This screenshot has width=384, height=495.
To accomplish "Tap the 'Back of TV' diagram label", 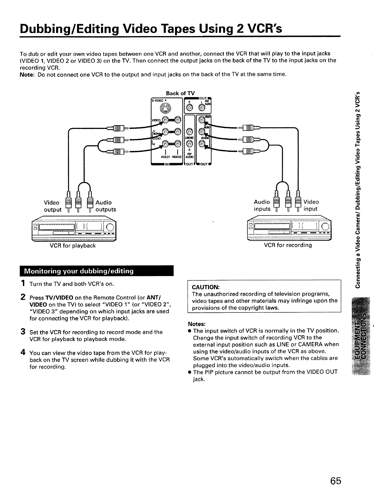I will click(180, 93).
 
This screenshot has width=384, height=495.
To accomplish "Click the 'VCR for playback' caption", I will click(72, 245).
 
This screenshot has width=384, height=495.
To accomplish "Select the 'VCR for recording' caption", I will click(288, 245).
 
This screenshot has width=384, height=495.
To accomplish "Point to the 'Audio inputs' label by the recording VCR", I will click(262, 205).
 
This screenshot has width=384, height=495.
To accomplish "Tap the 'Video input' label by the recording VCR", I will click(311, 205).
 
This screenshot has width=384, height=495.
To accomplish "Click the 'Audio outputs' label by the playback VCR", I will click(105, 206).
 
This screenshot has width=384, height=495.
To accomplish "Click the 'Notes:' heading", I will click(196, 324).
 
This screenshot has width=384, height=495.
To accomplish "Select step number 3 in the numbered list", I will click(23, 332).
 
